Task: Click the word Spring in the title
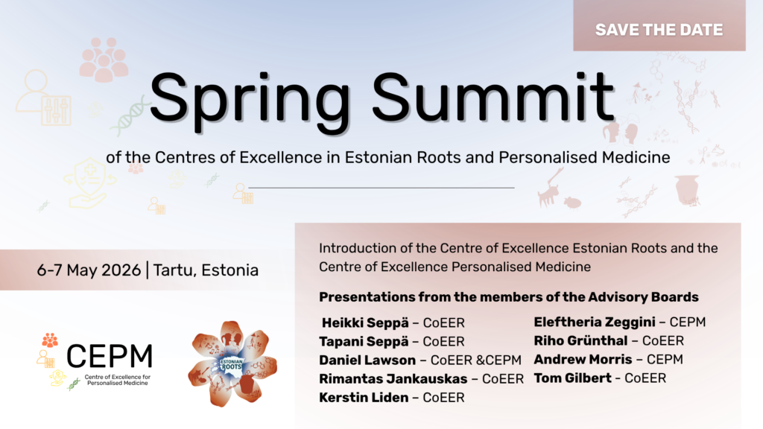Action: click(x=250, y=99)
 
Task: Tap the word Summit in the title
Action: click(x=493, y=97)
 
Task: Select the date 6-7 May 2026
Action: click(x=89, y=270)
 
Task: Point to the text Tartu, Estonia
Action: click(x=206, y=270)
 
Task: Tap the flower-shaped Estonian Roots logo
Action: click(x=232, y=363)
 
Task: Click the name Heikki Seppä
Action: click(x=365, y=323)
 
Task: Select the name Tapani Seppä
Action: click(x=364, y=341)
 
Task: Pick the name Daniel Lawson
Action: click(x=367, y=360)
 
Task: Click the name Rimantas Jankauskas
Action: click(x=393, y=378)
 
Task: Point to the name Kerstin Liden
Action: click(x=364, y=398)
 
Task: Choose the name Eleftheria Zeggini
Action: click(x=595, y=322)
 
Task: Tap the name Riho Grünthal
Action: click(x=580, y=340)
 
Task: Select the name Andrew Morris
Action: click(x=583, y=360)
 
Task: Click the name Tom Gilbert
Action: click(x=573, y=378)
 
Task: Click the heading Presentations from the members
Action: click(x=509, y=296)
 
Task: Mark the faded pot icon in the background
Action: click(x=687, y=190)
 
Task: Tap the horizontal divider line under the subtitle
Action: click(x=381, y=187)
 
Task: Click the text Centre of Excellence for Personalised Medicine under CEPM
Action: click(x=117, y=380)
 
